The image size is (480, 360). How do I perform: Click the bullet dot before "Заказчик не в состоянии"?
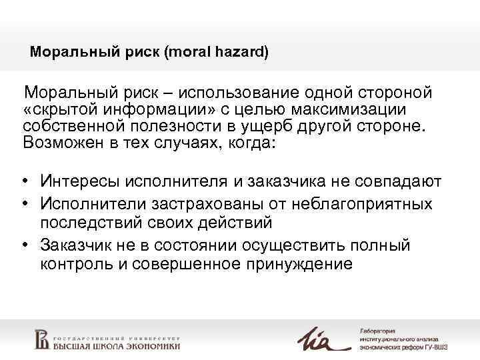click(25, 245)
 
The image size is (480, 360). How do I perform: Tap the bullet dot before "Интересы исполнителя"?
click(25, 181)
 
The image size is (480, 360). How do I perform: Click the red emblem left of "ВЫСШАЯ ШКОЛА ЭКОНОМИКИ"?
click(42, 338)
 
